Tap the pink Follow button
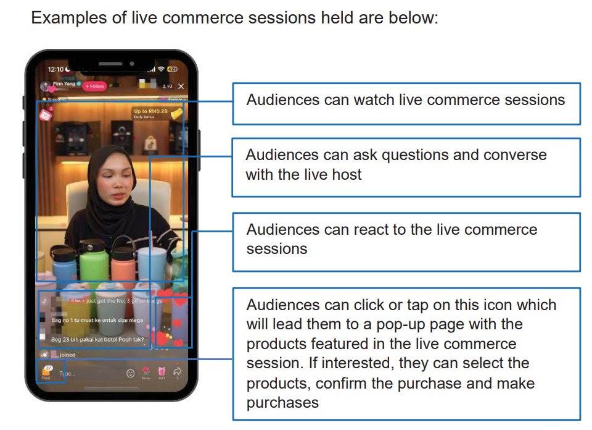[x=95, y=86]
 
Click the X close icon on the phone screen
[x=181, y=86]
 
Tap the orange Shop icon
[x=46, y=373]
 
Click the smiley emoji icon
[x=130, y=373]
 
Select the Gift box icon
[x=162, y=373]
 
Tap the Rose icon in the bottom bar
[x=146, y=373]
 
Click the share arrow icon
[x=178, y=373]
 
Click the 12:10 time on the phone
[x=55, y=69]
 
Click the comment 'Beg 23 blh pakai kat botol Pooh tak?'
[x=97, y=339]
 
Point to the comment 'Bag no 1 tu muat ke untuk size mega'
[x=97, y=321]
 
